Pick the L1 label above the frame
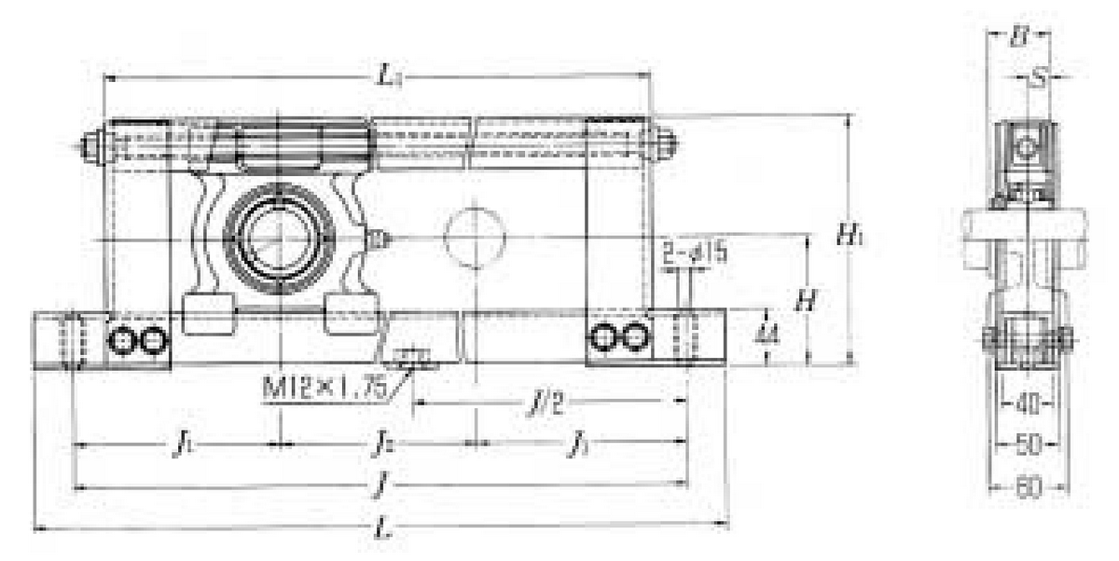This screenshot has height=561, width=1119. click(391, 78)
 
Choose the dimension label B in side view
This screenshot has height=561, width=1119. click(1019, 37)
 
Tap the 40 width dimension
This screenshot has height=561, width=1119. click(1027, 404)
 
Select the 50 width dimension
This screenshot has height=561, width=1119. click(1027, 445)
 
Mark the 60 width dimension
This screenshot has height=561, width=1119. click(1027, 487)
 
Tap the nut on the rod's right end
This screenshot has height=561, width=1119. click(666, 144)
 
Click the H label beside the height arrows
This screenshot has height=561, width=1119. click(806, 300)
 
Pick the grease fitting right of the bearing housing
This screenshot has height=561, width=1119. click(377, 239)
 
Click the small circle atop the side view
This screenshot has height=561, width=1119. click(1026, 146)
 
